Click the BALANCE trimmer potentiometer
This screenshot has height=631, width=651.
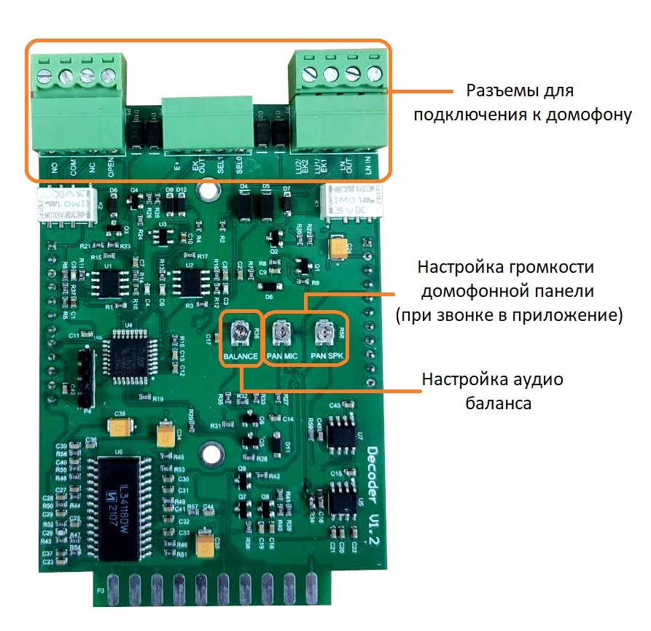tap(241, 335)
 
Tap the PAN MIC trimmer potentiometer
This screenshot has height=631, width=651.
tap(282, 335)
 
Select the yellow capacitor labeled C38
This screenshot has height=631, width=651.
tap(120, 423)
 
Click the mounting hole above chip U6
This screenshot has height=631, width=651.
tap(211, 454)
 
